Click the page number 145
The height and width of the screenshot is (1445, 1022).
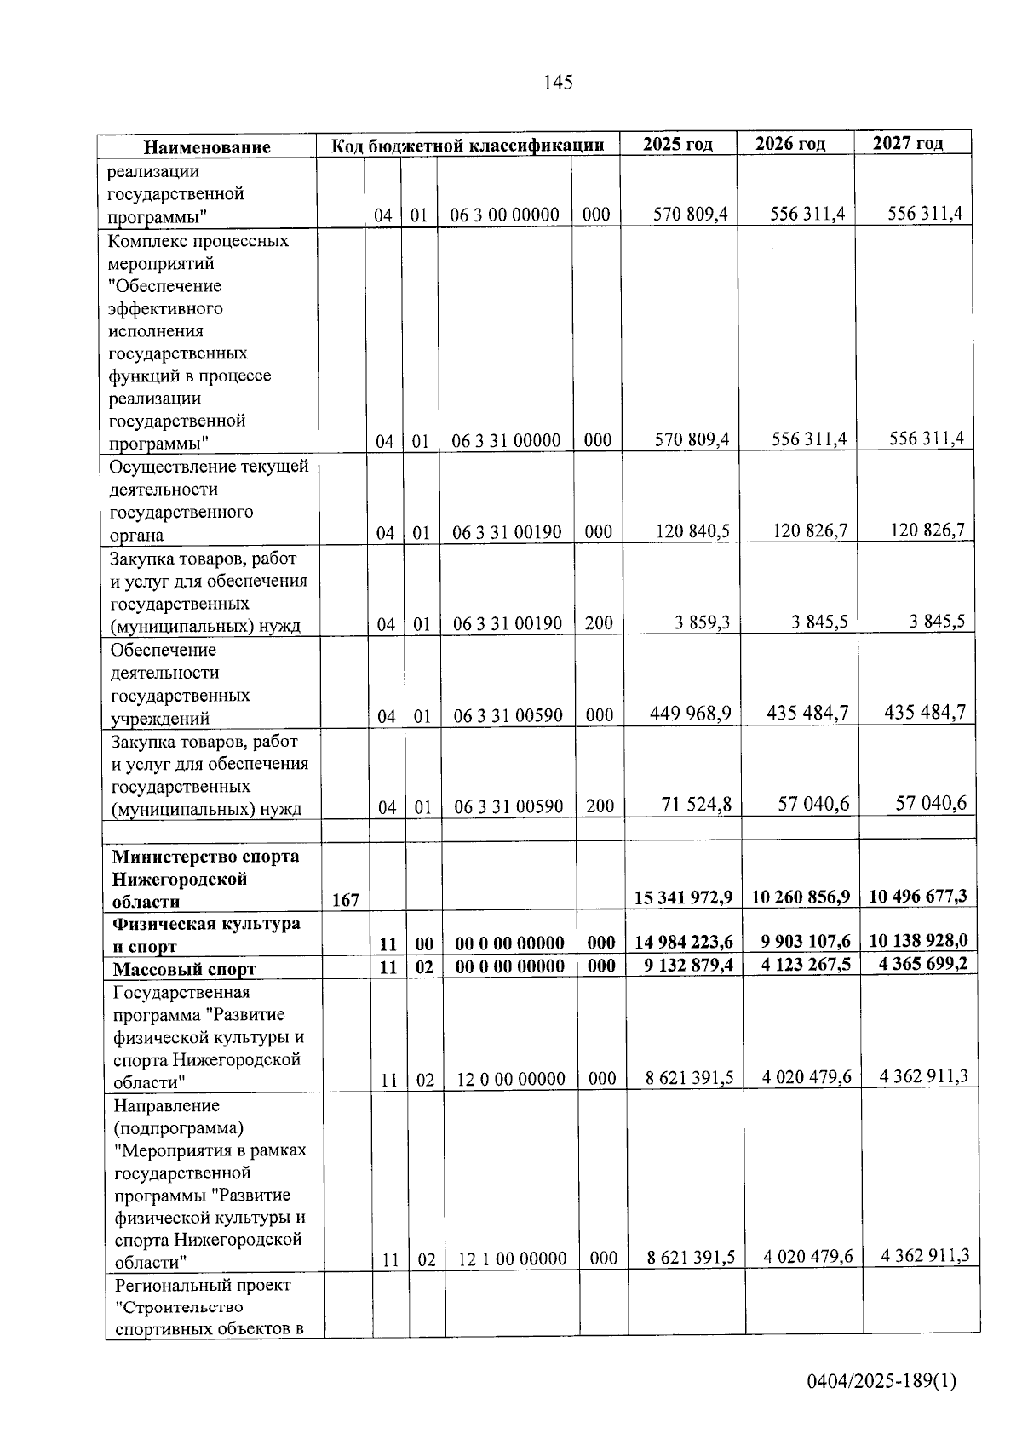point(558,83)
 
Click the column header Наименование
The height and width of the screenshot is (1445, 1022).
point(207,147)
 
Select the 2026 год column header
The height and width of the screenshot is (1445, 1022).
point(790,144)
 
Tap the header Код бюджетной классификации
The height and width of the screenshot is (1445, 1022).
point(468,146)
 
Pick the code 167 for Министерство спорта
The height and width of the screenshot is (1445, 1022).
point(346,900)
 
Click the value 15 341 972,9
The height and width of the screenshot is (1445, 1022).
point(684,897)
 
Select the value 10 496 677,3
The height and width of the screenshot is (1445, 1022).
point(918,895)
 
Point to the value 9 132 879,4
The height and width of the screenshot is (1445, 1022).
point(684,965)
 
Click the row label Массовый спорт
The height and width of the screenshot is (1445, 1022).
point(185,969)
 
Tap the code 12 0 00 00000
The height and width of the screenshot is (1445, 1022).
point(511,1080)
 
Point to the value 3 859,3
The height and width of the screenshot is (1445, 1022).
point(703,622)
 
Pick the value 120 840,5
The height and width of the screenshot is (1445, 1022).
point(692,531)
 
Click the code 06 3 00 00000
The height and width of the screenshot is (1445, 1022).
point(505,215)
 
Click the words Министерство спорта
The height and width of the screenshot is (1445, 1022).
point(206,856)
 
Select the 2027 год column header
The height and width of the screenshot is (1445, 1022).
point(908,143)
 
